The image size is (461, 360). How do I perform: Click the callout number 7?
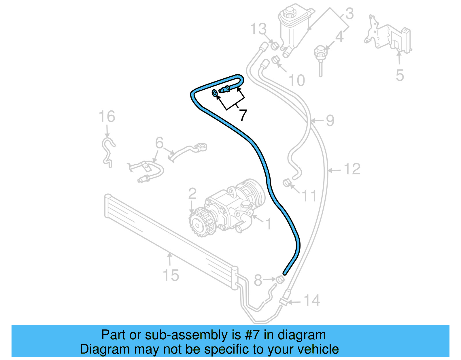tap(243, 115)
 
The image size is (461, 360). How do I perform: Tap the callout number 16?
tap(107, 117)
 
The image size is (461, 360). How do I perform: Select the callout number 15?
tap(171, 275)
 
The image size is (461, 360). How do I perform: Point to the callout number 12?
tap(352, 169)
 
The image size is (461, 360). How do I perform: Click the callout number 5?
tap(400, 75)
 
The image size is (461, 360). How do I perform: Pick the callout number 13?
tap(258, 29)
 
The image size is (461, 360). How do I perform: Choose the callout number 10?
tap(296, 80)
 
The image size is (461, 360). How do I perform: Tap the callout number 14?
tap(312, 300)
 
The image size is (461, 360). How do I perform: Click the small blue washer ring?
tap(215, 93)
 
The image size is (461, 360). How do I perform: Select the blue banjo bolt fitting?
tap(225, 90)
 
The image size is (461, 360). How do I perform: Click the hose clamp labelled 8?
tap(280, 279)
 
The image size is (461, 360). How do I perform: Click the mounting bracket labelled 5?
tap(389, 36)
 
